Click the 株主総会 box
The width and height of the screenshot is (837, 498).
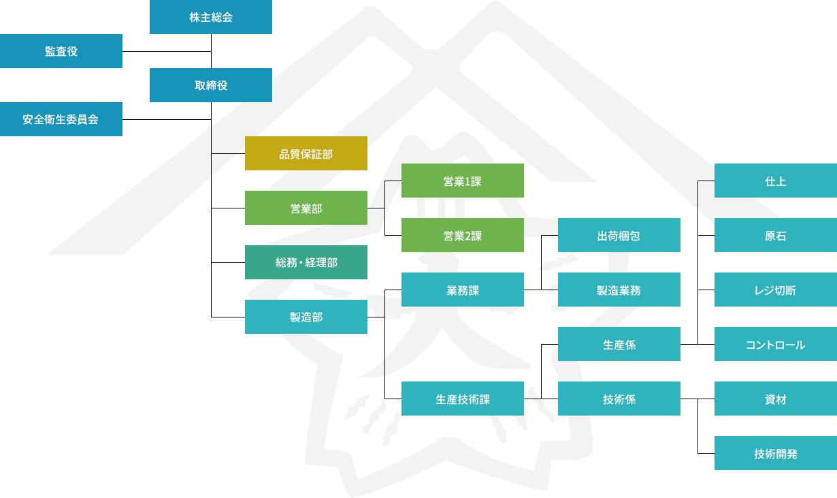211,17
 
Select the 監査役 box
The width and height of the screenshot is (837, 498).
61,51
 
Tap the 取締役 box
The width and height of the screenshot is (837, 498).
211,85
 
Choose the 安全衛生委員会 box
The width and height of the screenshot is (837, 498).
61,119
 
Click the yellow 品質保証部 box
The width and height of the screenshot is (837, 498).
306,153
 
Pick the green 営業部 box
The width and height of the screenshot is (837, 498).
306,208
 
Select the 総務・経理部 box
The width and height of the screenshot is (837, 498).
306,262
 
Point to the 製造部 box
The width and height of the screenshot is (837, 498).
306,317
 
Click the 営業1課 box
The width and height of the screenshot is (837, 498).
463,181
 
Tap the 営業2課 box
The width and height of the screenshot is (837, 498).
463,235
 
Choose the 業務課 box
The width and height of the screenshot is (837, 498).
463,290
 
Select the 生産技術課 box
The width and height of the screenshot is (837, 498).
463,399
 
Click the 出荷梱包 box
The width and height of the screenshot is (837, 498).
619,235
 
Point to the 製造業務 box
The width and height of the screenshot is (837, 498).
619,290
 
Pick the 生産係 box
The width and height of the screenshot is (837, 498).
619,344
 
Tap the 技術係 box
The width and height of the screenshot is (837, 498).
619,399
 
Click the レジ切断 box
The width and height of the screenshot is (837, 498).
776,290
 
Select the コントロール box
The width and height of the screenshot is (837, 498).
776,344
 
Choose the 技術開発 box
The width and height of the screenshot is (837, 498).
776,453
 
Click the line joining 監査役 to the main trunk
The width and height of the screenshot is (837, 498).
167,51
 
